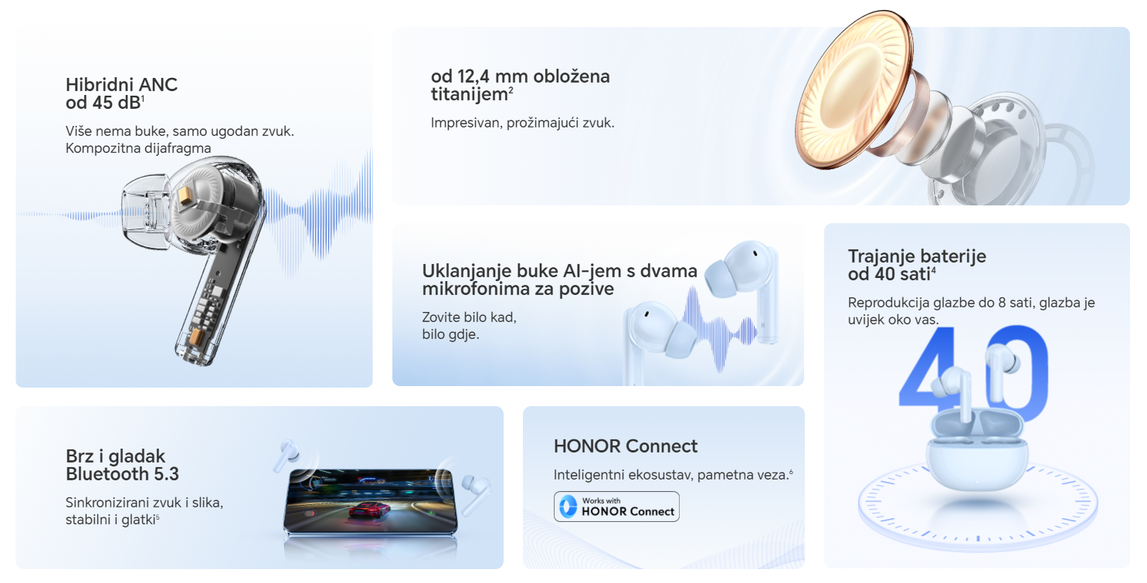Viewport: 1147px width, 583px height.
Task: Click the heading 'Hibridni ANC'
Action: pos(121,84)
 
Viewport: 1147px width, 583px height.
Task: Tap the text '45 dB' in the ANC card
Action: pos(116,103)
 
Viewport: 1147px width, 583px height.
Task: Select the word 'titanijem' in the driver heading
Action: pos(469,95)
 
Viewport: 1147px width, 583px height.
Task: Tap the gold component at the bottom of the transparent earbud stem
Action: pos(197,337)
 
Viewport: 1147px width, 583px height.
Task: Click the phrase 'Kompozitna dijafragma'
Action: pos(138,148)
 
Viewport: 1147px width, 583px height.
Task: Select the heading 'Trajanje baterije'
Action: pos(917,256)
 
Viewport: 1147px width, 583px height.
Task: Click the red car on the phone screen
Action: pos(368,509)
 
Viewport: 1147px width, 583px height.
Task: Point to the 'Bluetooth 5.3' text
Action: pos(122,474)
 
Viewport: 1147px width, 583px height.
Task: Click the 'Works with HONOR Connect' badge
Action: pos(616,507)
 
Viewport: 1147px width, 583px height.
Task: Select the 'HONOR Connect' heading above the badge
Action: pos(625,446)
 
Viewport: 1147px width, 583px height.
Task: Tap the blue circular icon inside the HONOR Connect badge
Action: pos(568,507)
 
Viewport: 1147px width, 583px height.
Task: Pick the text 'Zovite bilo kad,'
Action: pos(469,317)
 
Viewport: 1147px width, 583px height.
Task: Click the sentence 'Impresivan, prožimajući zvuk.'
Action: pos(522,123)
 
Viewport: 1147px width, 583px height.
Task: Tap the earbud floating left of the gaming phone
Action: pos(287,455)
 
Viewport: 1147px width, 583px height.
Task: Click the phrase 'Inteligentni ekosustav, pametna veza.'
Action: pos(673,475)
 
